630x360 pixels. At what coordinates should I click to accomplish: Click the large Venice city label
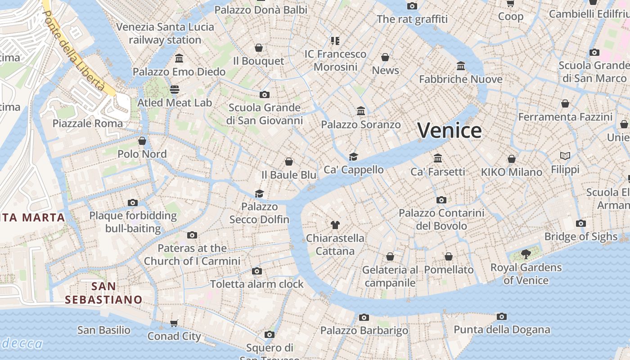pos(450,130)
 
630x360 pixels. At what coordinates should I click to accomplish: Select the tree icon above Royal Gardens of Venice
pos(526,254)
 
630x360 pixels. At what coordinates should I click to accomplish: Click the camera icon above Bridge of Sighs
pos(581,223)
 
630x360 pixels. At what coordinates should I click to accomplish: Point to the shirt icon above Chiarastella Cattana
pos(335,225)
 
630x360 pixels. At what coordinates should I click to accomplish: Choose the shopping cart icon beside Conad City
pos(174,323)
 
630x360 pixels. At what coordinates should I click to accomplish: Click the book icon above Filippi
pos(565,156)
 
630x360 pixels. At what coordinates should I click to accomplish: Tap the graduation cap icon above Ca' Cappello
pos(354,157)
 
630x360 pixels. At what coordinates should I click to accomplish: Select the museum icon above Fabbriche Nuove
pos(461,66)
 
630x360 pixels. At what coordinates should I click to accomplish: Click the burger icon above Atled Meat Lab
pos(175,90)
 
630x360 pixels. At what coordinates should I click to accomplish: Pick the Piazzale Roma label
pos(88,123)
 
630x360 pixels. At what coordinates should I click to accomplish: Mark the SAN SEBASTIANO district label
pos(103,293)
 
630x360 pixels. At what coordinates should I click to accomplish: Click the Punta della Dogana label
pos(502,330)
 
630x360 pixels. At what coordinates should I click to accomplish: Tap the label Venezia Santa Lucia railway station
pos(165,33)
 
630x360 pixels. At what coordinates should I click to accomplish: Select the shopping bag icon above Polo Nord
pos(142,141)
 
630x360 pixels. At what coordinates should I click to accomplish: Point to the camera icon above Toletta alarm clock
pos(257,271)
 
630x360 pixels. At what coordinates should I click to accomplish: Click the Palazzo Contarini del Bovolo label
pos(441,219)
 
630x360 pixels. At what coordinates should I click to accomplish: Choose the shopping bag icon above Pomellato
pos(449,256)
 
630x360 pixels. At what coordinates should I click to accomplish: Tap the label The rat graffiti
pos(412,19)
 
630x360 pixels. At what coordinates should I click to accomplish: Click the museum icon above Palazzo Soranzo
pos(361,111)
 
